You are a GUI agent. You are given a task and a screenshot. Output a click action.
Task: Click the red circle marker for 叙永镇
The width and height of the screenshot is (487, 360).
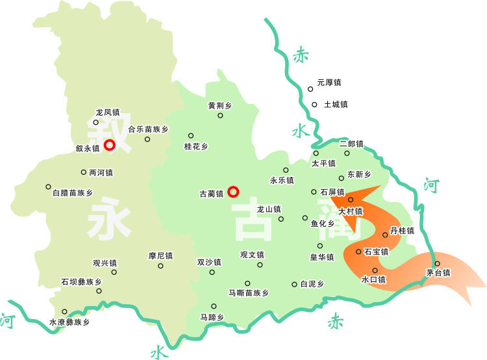[x=110, y=145]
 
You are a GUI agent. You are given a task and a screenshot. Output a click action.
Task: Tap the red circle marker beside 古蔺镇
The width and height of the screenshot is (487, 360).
[x=234, y=192]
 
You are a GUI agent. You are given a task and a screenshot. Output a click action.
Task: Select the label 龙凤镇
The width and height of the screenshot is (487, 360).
[x=107, y=112]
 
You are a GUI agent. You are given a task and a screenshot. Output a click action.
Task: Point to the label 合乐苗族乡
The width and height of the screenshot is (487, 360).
[x=148, y=129]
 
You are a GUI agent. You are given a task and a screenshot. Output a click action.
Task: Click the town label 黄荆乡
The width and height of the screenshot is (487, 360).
[x=219, y=105]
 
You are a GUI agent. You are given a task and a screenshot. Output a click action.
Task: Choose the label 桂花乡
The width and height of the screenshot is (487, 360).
[x=196, y=146]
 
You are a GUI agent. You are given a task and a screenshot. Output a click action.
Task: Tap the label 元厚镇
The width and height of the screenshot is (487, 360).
[x=329, y=83]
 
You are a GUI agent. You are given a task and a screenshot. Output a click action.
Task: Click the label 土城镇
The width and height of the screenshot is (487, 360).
[x=336, y=104]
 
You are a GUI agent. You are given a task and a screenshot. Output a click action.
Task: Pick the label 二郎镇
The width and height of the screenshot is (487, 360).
[x=351, y=144]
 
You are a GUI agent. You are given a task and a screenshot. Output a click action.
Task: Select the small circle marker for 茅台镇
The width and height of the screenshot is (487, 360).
[x=437, y=263]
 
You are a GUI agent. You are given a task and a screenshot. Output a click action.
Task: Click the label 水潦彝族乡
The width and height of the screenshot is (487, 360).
[x=69, y=322]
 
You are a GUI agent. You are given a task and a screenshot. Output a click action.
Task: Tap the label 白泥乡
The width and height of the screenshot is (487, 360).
[x=311, y=284]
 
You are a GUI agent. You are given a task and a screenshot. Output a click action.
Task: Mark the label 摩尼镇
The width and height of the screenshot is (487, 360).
[x=160, y=255]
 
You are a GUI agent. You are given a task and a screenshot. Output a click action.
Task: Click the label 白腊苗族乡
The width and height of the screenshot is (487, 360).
[x=72, y=192]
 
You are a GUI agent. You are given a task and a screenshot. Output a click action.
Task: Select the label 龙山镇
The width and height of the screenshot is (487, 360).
[x=269, y=209]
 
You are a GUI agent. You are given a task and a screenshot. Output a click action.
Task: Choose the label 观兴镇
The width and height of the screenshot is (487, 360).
[x=105, y=263]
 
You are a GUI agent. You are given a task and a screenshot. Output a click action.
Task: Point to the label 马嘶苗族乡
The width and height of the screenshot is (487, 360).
[x=248, y=293]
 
